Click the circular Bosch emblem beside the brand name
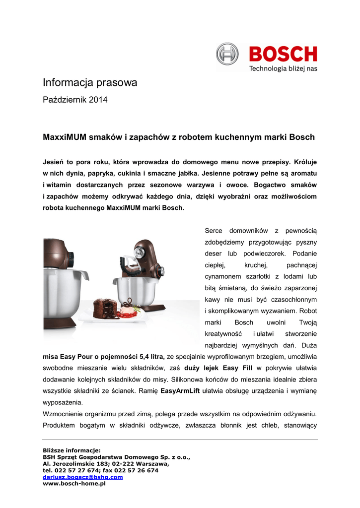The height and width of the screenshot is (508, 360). (227, 54)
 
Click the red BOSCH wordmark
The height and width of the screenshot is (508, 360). (283, 54)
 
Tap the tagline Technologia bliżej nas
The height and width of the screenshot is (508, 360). (283, 68)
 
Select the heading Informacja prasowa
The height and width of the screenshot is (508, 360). (90, 83)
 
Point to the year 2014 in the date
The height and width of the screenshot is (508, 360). (98, 100)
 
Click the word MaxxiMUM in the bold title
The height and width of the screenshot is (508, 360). (64, 137)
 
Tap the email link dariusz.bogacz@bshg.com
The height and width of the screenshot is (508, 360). (83, 477)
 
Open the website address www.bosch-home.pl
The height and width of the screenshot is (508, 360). (74, 483)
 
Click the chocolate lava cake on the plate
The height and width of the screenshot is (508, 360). (105, 308)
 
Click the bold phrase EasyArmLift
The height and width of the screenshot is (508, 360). (180, 391)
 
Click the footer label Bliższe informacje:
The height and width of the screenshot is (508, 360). (72, 450)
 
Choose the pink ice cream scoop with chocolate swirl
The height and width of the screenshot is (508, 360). (130, 307)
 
